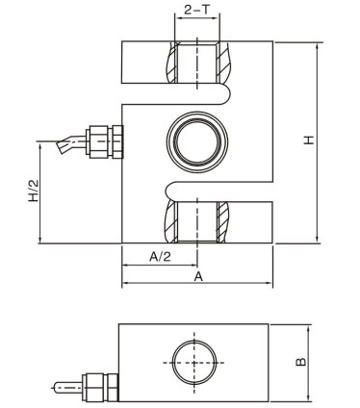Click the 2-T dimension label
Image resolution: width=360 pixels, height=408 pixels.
click(x=196, y=10)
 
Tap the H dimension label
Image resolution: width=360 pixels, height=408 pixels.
click(x=309, y=140)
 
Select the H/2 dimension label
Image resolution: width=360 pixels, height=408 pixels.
click(x=34, y=191)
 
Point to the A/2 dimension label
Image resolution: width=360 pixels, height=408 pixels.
click(x=160, y=257)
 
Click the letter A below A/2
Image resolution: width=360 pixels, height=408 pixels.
click(x=198, y=276)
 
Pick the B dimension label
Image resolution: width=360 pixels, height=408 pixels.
click(x=300, y=362)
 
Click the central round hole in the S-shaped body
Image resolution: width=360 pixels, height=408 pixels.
click(x=197, y=141)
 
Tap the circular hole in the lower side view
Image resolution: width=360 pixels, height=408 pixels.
click(x=194, y=363)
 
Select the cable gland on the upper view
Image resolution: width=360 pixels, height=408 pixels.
click(x=104, y=141)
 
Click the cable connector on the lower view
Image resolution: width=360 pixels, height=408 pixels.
click(x=100, y=387)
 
